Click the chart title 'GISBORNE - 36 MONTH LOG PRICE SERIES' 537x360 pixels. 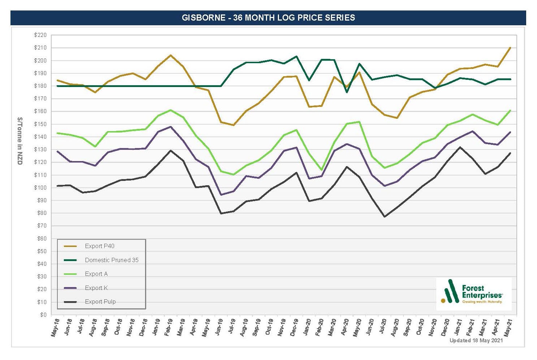pyautogui.click(x=268, y=18)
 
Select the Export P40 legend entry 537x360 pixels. pyautogui.click(x=100, y=246)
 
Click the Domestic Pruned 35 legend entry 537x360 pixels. pyautogui.click(x=112, y=260)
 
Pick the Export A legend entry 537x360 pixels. pyautogui.click(x=96, y=274)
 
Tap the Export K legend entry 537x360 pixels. pyautogui.click(x=96, y=288)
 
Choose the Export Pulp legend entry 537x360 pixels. pyautogui.click(x=100, y=302)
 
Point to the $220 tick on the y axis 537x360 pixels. pyautogui.click(x=40, y=35)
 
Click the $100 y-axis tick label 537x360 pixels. pyautogui.click(x=40, y=187)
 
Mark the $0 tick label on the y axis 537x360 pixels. pyautogui.click(x=43, y=315)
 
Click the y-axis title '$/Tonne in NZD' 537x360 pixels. pyautogui.click(x=20, y=141)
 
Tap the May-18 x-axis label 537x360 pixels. pyautogui.click(x=55, y=328)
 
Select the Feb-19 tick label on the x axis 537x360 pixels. pyautogui.click(x=169, y=328)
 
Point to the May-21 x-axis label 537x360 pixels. pyautogui.click(x=508, y=328)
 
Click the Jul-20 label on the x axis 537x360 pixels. pyautogui.click(x=383, y=328)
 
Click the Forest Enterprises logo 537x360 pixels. pyautogui.click(x=473, y=294)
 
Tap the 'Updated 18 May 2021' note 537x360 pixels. pyautogui.click(x=476, y=341)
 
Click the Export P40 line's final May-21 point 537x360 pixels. pyautogui.click(x=510, y=48)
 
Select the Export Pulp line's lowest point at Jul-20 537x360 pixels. pyautogui.click(x=385, y=217)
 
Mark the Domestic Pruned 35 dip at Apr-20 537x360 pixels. pyautogui.click(x=347, y=92)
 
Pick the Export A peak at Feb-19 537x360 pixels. pyautogui.click(x=171, y=110)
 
